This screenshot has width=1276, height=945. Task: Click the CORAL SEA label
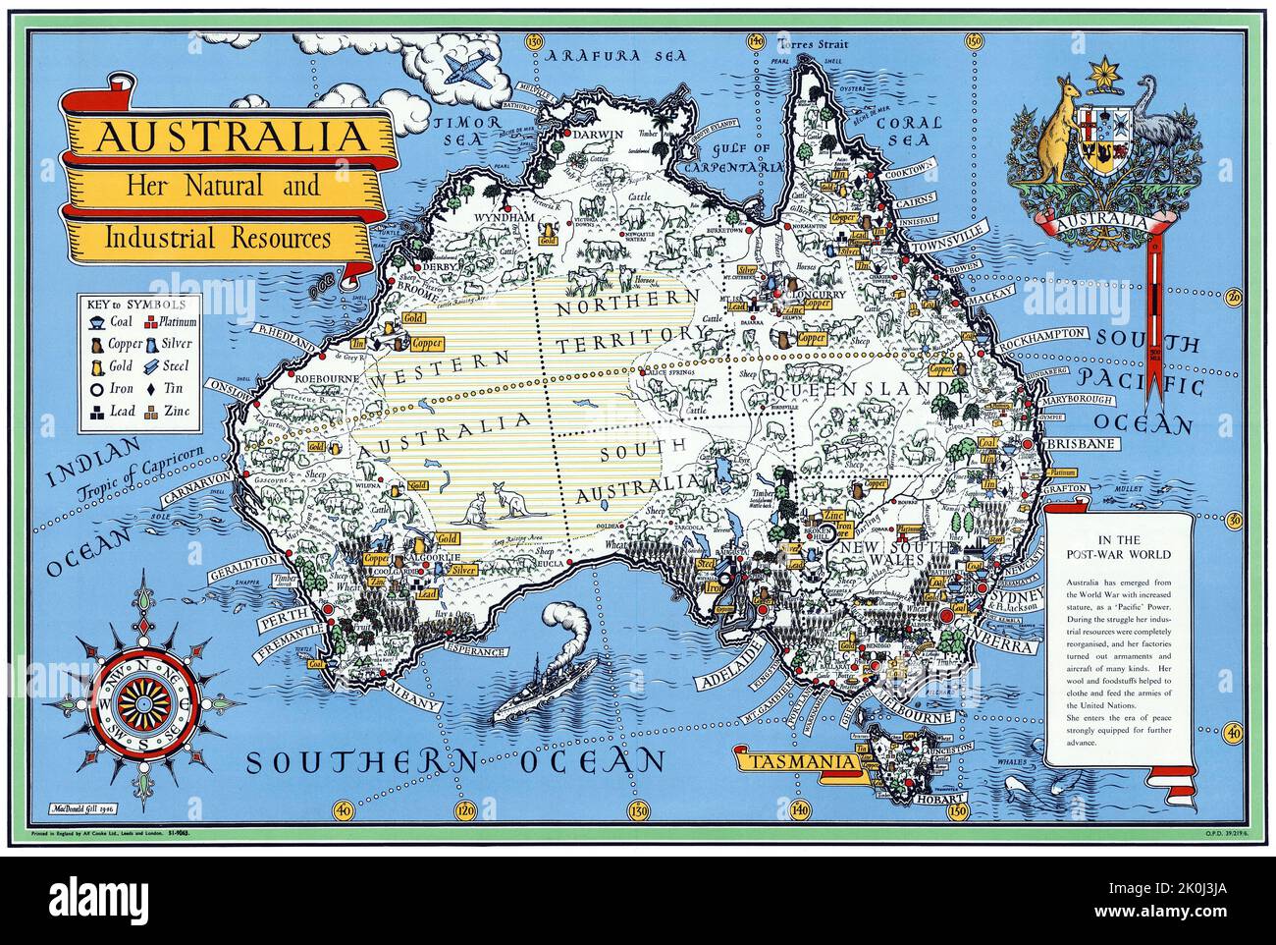coord(908,131)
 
